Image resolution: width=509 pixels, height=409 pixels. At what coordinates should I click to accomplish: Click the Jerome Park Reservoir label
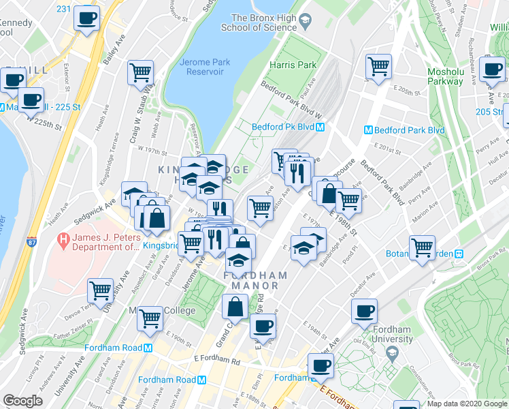tap(205, 67)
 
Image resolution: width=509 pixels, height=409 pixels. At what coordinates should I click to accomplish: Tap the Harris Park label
tap(293, 65)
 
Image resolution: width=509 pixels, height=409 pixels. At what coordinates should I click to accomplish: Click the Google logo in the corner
tap(22, 401)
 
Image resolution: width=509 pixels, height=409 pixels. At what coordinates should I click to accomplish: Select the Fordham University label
tap(392, 334)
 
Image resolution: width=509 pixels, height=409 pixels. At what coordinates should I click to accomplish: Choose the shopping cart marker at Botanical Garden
tap(422, 247)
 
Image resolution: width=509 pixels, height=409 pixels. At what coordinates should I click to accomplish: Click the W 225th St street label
tap(44, 123)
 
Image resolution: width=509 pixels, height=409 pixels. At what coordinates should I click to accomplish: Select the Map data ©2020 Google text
tap(467, 404)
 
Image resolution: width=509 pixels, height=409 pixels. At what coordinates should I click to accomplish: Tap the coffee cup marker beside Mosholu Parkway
tap(491, 68)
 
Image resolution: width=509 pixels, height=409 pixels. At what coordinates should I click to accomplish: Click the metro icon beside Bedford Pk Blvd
tap(319, 127)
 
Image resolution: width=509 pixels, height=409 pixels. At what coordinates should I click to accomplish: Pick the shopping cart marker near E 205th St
tap(378, 66)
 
